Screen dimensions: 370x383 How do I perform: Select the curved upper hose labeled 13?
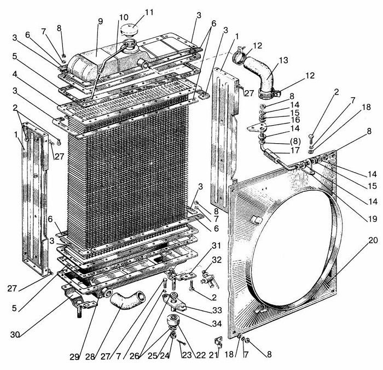[262, 74]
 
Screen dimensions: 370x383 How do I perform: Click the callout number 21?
[215, 356]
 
